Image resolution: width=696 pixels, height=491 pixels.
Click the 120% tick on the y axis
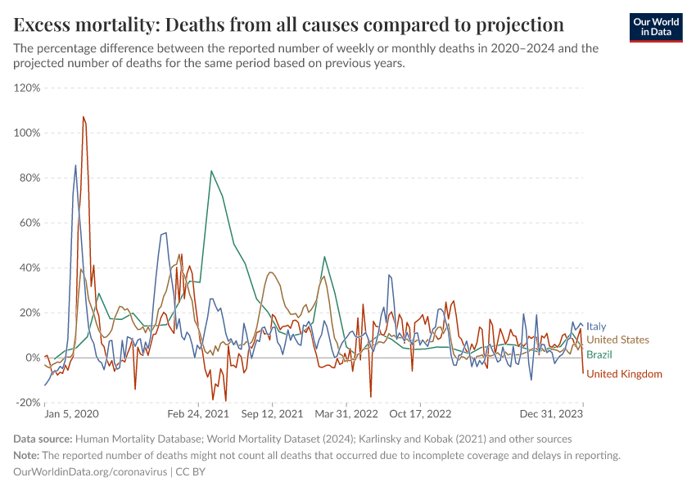coord(27,88)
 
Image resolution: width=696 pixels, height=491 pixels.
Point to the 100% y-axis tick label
coord(27,133)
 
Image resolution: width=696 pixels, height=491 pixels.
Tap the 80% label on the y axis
coord(29,178)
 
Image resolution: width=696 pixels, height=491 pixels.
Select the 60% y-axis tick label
coord(29,223)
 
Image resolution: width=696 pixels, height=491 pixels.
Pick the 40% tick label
coord(29,268)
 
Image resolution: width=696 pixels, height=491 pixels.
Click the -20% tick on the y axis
coord(29,403)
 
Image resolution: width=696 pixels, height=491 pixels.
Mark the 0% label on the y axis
coord(33,358)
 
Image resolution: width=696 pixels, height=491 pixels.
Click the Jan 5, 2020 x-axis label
coord(71,415)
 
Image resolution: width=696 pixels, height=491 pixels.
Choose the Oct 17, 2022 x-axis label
coord(420,415)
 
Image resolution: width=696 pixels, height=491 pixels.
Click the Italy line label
coord(596,327)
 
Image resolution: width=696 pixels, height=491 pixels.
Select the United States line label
coord(617,340)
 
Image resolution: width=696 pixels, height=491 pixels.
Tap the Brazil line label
coord(599,354)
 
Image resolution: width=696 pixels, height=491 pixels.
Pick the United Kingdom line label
coord(624,374)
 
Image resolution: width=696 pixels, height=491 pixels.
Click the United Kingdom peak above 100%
coord(84,117)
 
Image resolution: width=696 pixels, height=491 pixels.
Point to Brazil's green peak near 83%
coord(211,171)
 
